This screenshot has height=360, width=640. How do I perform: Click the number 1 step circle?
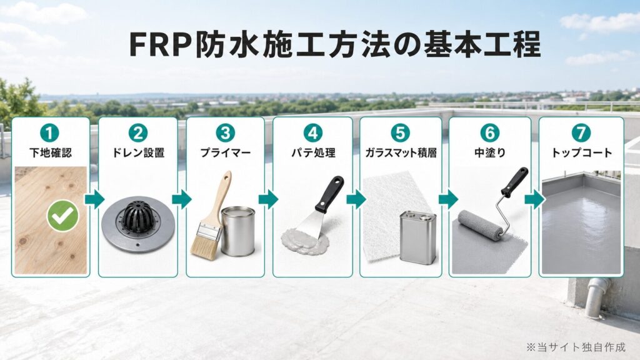click(x=49, y=133)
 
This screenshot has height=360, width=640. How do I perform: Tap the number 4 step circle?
click(x=312, y=133)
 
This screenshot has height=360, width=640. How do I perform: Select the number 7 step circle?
click(x=581, y=133)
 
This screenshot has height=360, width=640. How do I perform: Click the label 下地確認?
click(x=51, y=152)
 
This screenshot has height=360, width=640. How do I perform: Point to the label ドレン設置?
click(x=138, y=152)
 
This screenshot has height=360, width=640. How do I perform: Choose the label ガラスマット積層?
click(x=401, y=152)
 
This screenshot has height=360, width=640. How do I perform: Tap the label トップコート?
click(x=582, y=152)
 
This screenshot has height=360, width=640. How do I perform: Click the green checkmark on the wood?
click(x=63, y=216)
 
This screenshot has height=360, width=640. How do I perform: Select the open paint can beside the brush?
click(x=238, y=231)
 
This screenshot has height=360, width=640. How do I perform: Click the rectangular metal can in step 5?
click(x=418, y=237)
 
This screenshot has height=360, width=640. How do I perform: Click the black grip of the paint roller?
click(x=515, y=182)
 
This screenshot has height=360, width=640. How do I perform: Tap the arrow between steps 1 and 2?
click(x=94, y=199)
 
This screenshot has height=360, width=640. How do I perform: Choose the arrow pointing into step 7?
click(x=534, y=199)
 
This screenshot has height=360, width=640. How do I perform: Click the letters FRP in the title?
click(x=161, y=44)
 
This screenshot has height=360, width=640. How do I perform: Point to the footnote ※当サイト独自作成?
click(x=576, y=347)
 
